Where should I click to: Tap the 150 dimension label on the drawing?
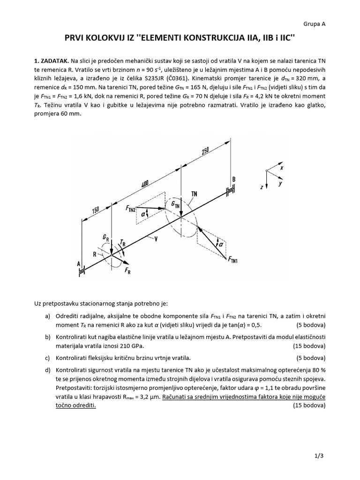coord(95,210)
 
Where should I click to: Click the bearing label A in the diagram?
coord(78,264)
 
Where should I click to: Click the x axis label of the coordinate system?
coord(281,167)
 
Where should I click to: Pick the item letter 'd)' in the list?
coord(47,370)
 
